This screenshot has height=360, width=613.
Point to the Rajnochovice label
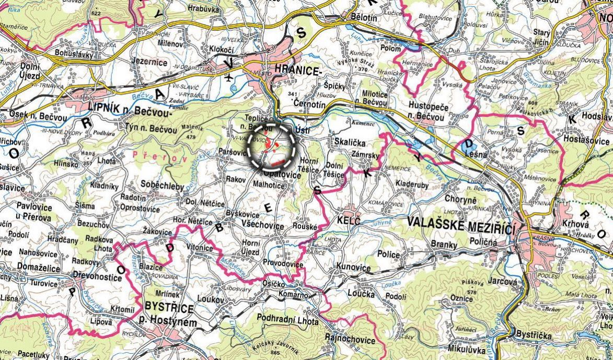(x=350, y=340)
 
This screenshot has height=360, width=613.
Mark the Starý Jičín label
(x=541, y=37)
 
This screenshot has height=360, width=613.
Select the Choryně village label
(x=461, y=199)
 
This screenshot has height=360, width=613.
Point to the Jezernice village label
(x=149, y=62)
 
